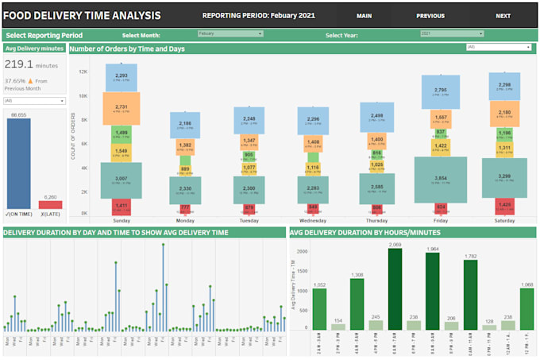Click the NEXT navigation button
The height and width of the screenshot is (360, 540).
click(x=503, y=16)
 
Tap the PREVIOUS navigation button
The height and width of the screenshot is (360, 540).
click(x=430, y=16)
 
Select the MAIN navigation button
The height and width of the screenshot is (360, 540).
click(x=364, y=16)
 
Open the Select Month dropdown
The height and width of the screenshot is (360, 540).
click(x=219, y=34)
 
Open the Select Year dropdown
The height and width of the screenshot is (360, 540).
click(x=451, y=34)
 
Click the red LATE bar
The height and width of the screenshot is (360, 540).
click(x=50, y=205)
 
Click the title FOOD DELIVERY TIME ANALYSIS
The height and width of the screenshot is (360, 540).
click(x=82, y=16)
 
